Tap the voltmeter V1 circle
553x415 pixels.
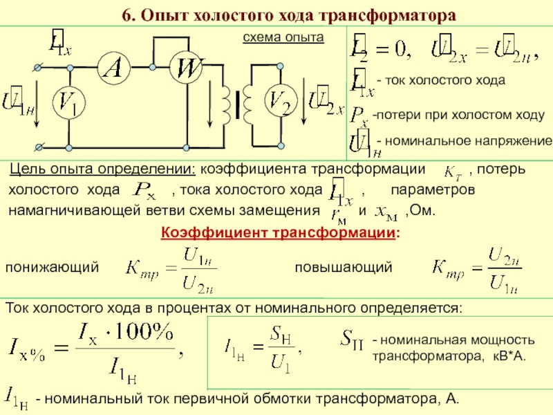(x=68, y=104)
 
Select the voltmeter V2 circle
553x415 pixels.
(x=281, y=104)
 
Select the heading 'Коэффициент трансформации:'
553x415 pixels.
(x=280, y=232)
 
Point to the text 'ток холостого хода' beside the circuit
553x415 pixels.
(x=445, y=81)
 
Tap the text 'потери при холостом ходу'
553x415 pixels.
(x=459, y=115)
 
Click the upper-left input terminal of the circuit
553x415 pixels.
(x=38, y=67)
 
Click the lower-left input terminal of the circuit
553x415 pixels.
(x=38, y=147)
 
